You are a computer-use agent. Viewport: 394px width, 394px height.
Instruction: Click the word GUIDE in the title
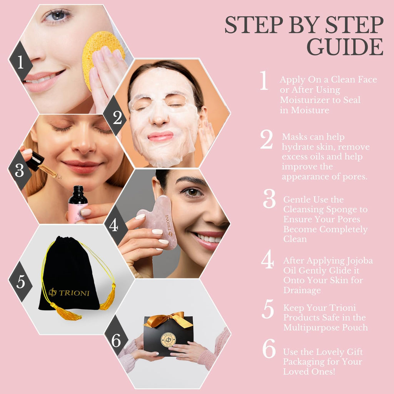[x=345, y=47]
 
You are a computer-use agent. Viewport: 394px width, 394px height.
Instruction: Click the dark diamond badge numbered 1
[x=21, y=62]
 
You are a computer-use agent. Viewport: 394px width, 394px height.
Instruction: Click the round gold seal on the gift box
[x=168, y=340]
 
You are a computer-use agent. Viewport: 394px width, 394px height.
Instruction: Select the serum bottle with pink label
[x=78, y=205]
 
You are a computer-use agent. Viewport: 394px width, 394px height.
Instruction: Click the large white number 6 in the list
[x=269, y=348]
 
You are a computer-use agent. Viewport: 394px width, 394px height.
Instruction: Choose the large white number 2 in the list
[x=266, y=139]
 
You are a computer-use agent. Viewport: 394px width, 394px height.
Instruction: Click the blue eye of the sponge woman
[x=58, y=15]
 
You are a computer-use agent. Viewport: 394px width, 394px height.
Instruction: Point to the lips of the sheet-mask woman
[x=160, y=137]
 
